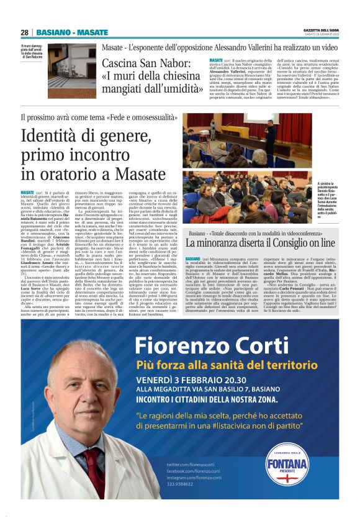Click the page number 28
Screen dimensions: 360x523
(x=24, y=32)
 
